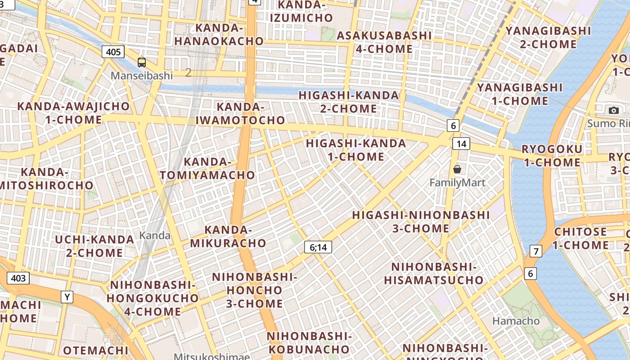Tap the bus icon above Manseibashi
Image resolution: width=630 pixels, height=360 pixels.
click(142, 63)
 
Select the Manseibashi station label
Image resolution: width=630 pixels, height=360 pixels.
click(142, 75)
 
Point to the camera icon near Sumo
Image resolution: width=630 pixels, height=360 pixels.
click(613, 110)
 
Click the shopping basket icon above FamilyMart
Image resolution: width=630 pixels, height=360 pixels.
click(457, 169)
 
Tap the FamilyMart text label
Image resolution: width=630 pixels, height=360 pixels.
click(457, 183)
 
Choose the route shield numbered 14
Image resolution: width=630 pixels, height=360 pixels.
click(461, 144)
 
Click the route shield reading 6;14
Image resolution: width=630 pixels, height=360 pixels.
click(318, 247)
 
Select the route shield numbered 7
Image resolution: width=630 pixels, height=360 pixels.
click(535, 251)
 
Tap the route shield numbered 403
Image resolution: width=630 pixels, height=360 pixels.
click(18, 278)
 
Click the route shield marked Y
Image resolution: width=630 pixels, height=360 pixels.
click(67, 297)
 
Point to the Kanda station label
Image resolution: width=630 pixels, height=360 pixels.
click(155, 235)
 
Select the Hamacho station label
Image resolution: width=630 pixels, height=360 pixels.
click(516, 321)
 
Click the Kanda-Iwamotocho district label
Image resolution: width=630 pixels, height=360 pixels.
click(240, 113)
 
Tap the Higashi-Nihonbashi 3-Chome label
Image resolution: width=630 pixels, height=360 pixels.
click(421, 221)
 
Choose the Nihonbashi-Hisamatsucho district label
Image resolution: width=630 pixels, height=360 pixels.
click(434, 274)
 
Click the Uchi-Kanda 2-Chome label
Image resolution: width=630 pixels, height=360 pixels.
click(94, 246)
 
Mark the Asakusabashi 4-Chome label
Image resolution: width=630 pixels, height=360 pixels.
click(384, 42)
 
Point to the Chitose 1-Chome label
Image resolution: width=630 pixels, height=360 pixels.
click(580, 238)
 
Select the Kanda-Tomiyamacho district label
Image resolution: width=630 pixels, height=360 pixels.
click(219, 168)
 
